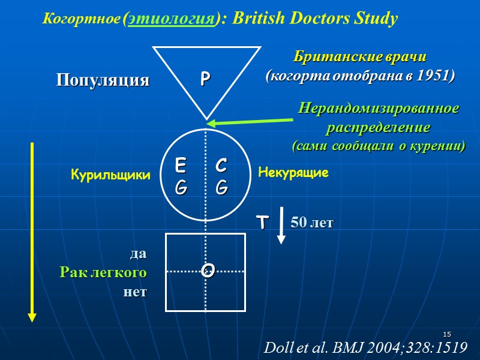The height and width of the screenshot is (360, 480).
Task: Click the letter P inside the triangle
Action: click(205, 79)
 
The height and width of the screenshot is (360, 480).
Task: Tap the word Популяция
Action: click(103, 80)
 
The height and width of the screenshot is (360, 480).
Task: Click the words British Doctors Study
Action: click(315, 19)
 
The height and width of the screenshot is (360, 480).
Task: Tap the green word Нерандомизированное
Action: click(379, 110)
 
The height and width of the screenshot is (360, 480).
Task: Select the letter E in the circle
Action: click(181, 164)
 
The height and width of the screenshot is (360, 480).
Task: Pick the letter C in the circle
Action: click(221, 164)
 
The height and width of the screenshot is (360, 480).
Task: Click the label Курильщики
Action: click(110, 175)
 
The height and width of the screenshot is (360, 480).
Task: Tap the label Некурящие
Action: click(293, 173)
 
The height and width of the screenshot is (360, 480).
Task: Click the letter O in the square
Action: click(208, 271)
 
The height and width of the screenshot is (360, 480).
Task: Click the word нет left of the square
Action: click(134, 292)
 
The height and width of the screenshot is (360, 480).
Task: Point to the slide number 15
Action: click(446, 334)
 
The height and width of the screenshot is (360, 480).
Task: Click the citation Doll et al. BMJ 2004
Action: click(365, 347)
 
